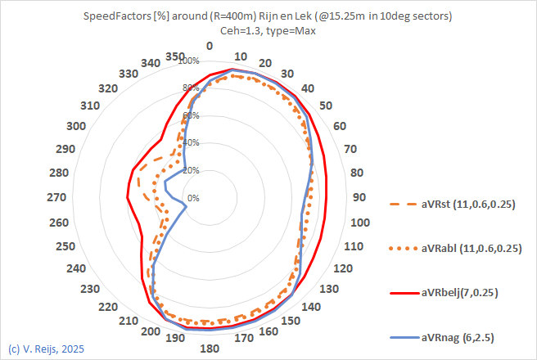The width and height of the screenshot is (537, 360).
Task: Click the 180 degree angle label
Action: pos(210,349)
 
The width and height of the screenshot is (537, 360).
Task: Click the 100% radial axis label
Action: pos(188,61)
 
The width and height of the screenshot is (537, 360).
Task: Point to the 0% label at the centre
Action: pos(193,198)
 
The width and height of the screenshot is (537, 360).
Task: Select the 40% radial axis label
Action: pos(190,143)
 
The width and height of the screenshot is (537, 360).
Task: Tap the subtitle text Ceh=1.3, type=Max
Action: pos(268,30)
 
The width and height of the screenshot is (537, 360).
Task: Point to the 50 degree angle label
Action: pos(327,106)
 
